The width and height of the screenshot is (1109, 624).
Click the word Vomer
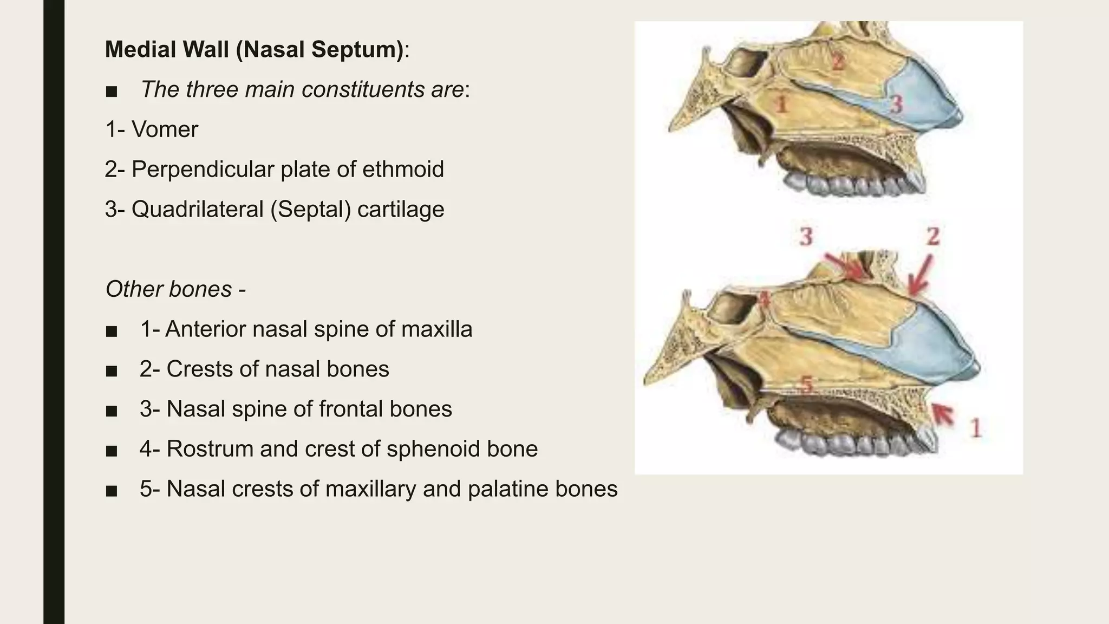[x=165, y=130]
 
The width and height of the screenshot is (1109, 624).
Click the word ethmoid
[x=403, y=170]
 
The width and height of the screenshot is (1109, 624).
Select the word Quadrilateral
[x=197, y=210]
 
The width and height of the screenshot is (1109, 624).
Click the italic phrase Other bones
[x=168, y=289]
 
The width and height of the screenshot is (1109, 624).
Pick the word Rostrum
[x=209, y=449]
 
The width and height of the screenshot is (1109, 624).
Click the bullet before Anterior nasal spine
[x=112, y=330]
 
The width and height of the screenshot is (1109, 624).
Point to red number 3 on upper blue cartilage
[x=897, y=104]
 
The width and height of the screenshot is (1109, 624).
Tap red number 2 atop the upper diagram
[x=838, y=61]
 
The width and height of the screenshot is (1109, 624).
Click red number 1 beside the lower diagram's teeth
[x=976, y=428]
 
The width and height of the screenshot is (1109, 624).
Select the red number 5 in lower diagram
[x=807, y=385]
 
